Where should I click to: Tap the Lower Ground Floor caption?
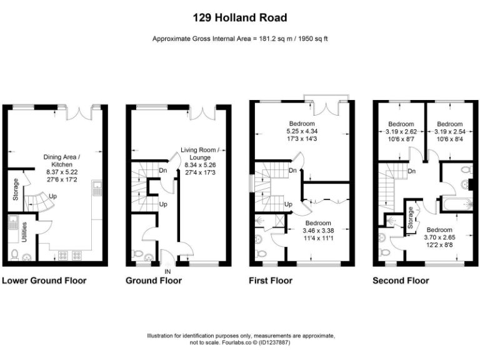[44, 281]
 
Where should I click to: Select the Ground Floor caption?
[154, 281]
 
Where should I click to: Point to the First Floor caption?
[271, 281]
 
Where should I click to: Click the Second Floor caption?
[401, 281]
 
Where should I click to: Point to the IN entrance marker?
[167, 272]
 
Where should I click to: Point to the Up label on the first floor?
[289, 204]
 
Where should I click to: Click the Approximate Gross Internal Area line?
[240, 39]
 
